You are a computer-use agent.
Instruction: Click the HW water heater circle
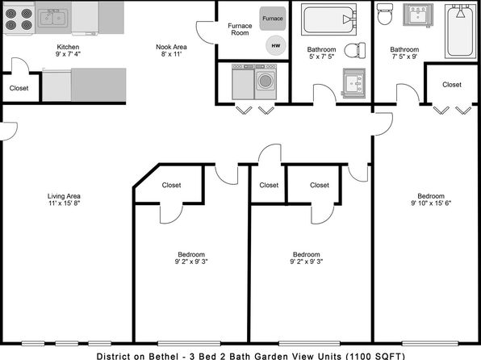tap(276, 45)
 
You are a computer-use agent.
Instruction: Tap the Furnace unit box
tap(273, 19)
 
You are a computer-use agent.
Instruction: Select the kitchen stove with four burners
tap(19, 18)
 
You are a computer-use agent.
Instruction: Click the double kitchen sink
tap(53, 18)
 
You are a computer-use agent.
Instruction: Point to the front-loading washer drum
tap(266, 81)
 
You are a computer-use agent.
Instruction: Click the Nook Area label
tap(171, 47)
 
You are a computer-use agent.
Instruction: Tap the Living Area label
tap(64, 196)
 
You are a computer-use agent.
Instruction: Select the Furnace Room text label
tap(240, 29)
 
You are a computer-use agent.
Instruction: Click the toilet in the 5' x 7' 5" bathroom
tap(355, 50)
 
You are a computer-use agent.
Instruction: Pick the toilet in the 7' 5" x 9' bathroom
tap(385, 14)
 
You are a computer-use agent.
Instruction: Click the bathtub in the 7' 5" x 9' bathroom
tap(461, 31)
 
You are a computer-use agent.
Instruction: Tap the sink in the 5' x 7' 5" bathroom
tap(354, 83)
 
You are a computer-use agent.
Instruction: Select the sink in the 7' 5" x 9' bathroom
tap(418, 15)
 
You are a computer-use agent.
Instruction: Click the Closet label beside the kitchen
tap(19, 88)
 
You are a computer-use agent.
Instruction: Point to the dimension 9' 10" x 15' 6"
tap(431, 203)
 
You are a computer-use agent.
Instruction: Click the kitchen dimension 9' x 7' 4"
tap(68, 54)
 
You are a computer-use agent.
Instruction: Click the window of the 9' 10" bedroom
tap(430, 343)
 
